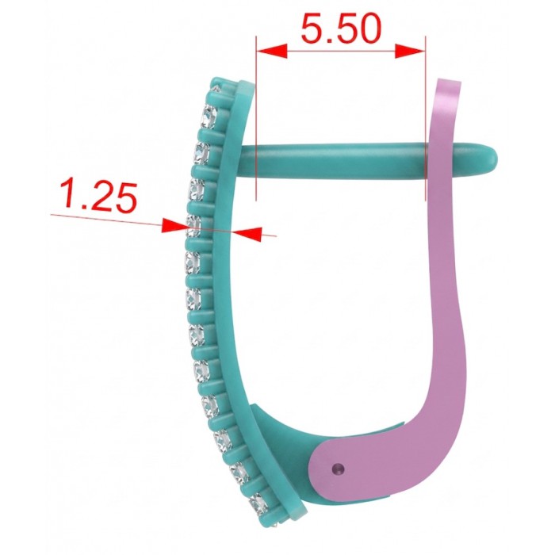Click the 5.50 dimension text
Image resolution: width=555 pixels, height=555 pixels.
(341, 29)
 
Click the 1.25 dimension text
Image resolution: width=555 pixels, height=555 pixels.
(99, 197)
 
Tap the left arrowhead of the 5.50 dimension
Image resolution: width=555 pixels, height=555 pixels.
(271, 50)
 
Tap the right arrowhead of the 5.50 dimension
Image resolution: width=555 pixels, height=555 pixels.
(410, 51)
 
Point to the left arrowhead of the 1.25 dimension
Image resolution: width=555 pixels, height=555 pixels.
(174, 225)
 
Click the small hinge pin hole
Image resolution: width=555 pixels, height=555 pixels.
(339, 469)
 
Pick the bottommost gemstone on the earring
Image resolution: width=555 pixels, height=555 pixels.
(258, 503)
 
